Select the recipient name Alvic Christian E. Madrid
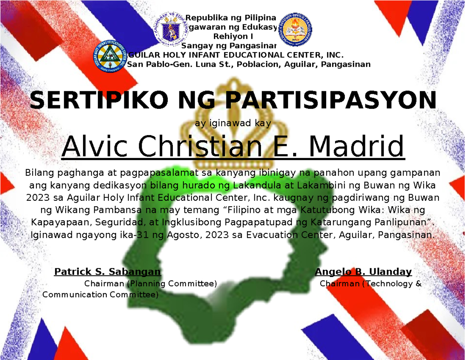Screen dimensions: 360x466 click(x=233, y=147)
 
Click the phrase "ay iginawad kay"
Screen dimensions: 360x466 click(x=233, y=124)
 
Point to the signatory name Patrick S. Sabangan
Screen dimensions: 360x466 click(x=108, y=271)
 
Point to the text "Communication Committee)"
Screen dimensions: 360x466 click(x=100, y=295)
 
